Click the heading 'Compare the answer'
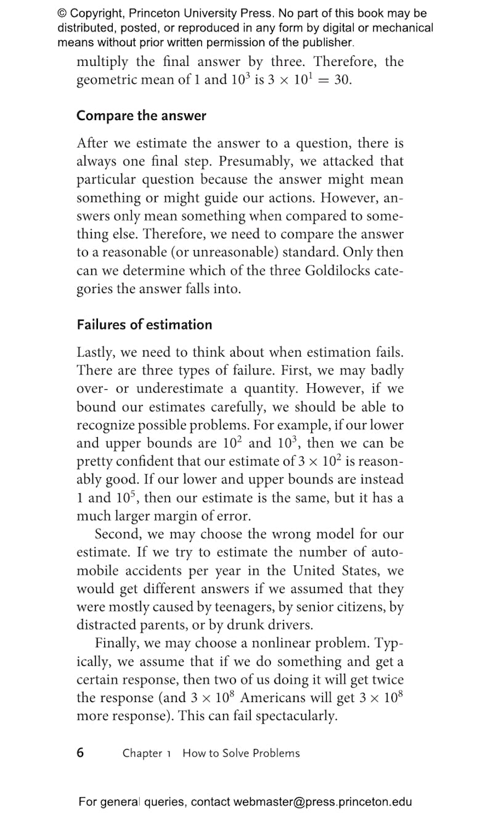(141, 116)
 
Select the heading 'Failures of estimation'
(144, 325)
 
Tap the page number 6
(81, 752)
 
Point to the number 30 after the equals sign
(342, 81)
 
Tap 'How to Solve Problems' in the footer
(241, 753)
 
